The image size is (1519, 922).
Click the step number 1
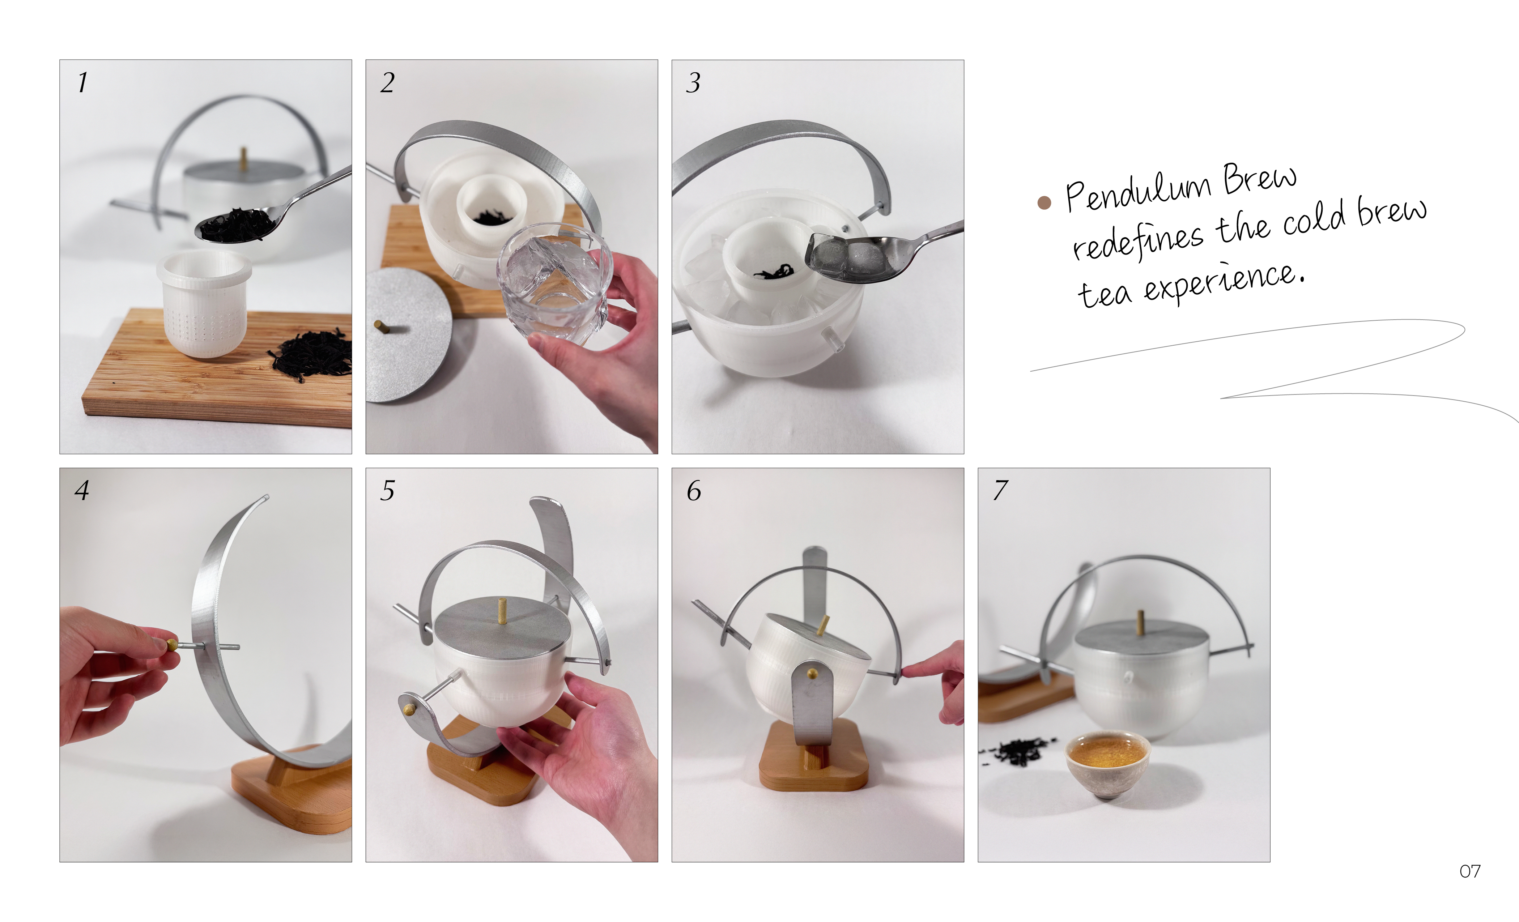tap(82, 82)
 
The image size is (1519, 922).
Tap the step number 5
tap(387, 491)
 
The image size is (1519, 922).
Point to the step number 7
tap(1000, 490)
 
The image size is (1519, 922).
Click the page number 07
tap(1470, 871)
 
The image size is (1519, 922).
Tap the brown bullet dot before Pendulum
tap(1044, 203)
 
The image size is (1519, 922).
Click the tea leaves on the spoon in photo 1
tap(236, 225)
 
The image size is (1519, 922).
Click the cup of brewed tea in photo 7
tap(1108, 763)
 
